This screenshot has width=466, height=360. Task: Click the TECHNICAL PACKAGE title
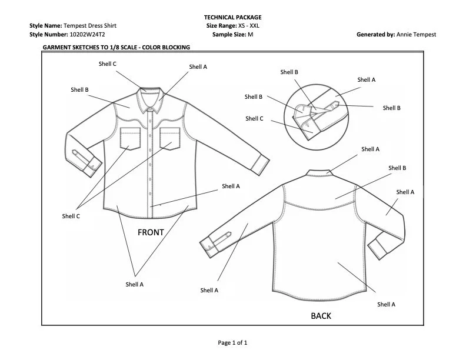[232, 18]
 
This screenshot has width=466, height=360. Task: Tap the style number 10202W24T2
[87, 35]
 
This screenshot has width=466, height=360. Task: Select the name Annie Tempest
[417, 35]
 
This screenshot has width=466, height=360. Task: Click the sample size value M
[250, 35]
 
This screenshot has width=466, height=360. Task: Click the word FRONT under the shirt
[151, 232]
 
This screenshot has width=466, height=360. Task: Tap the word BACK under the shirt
[321, 316]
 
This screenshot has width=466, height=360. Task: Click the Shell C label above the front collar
[106, 64]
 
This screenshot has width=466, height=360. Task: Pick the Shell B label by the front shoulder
[79, 89]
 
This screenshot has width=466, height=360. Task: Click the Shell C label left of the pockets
[71, 216]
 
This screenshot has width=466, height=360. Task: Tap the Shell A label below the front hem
[134, 284]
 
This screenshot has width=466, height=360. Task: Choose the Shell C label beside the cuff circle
[254, 118]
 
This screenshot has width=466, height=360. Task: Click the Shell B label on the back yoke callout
[397, 168]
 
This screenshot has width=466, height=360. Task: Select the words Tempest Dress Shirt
[88, 26]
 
